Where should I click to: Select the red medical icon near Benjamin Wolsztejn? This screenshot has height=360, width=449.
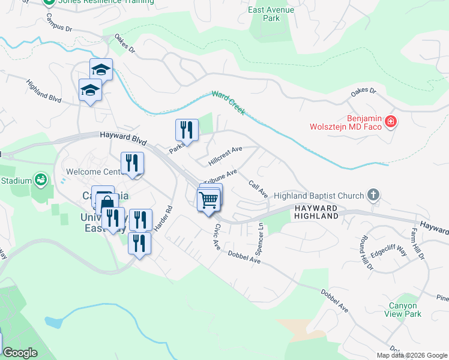[390, 122]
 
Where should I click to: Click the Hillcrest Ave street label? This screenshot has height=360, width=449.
[224, 155]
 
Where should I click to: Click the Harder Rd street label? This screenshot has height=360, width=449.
[166, 220]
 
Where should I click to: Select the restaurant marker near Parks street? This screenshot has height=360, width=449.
[187, 130]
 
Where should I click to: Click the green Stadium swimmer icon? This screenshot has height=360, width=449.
[41, 179]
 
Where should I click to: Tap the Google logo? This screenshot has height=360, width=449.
[20, 353]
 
